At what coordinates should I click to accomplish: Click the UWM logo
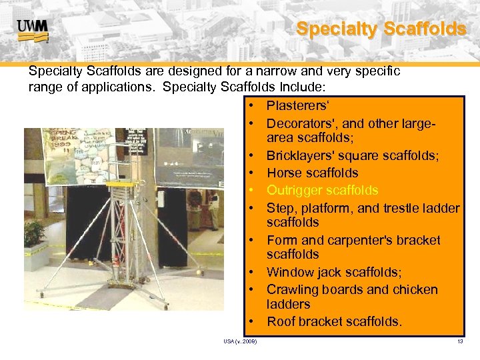click(33, 28)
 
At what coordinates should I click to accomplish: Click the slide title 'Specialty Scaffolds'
click(381, 29)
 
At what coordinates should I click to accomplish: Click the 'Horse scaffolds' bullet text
click(312, 173)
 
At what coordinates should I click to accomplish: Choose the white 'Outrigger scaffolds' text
click(322, 191)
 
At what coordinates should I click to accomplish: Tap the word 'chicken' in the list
click(415, 289)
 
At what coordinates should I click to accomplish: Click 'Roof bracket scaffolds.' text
click(334, 321)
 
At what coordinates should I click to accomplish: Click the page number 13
click(460, 342)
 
